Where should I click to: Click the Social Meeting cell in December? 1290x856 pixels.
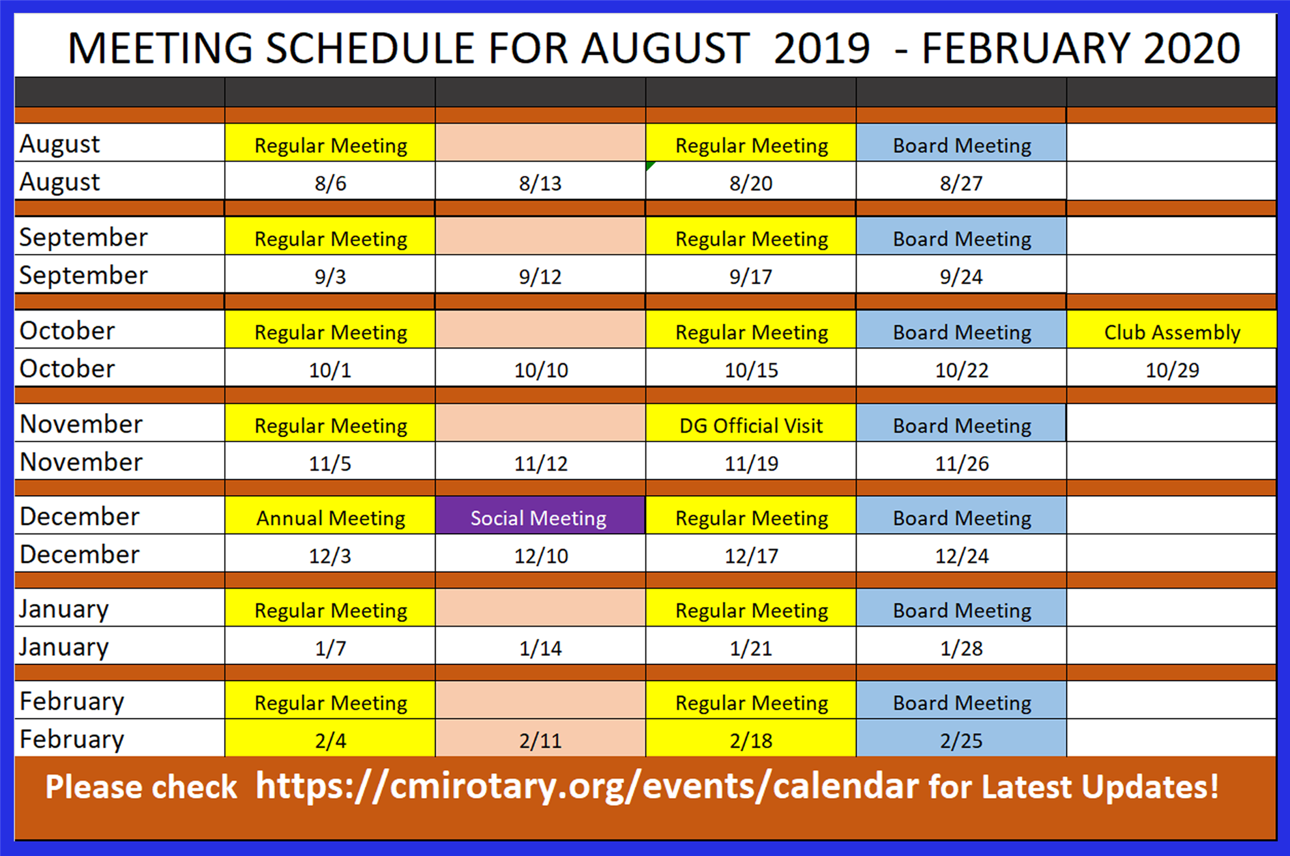click(540, 516)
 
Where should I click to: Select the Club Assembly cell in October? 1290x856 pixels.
click(1171, 330)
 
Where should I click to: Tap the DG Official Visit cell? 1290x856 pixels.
click(751, 423)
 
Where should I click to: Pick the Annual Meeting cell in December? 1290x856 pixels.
click(330, 516)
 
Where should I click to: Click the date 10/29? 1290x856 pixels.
click(1172, 370)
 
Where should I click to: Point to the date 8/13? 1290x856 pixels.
click(540, 183)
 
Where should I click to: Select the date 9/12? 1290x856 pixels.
click(540, 277)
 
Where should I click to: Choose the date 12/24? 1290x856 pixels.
click(961, 556)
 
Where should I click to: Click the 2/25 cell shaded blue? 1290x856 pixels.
click(961, 738)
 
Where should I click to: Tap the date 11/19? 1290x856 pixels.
click(751, 463)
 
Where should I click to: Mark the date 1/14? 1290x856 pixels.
click(540, 648)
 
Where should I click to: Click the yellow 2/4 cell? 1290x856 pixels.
click(330, 738)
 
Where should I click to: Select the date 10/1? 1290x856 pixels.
click(330, 370)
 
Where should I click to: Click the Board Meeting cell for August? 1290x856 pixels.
click(961, 143)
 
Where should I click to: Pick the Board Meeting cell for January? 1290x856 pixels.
click(961, 608)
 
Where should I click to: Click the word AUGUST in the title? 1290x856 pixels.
click(666, 48)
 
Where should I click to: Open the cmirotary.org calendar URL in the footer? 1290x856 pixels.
click(587, 787)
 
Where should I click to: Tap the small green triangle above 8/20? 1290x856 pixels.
click(651, 166)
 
